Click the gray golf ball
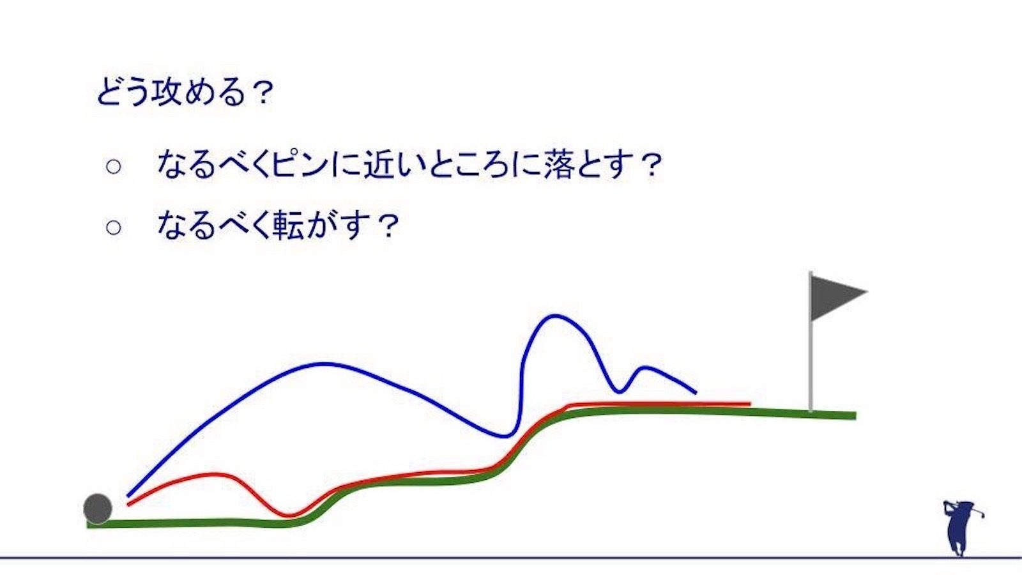(x=98, y=509)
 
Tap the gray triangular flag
(x=835, y=297)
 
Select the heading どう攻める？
(x=185, y=92)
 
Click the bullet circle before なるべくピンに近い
(x=114, y=167)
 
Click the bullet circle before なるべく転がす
(x=114, y=227)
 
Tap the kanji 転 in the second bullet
(x=288, y=225)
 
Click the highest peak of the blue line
(x=554, y=316)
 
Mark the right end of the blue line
(x=696, y=392)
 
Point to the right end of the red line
(x=750, y=404)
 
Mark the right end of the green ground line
(x=855, y=416)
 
